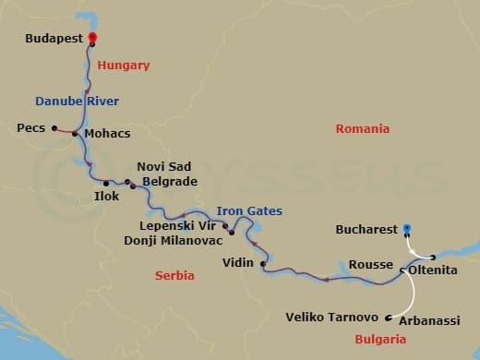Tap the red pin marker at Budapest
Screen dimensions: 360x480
(x=92, y=40)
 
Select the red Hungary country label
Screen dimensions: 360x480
(x=123, y=66)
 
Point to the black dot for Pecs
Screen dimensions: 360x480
(x=54, y=128)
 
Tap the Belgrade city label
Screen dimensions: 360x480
(x=169, y=182)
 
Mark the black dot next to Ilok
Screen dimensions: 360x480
(x=106, y=184)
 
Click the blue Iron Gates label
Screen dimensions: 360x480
(x=249, y=211)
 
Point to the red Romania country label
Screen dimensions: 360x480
(x=363, y=129)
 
